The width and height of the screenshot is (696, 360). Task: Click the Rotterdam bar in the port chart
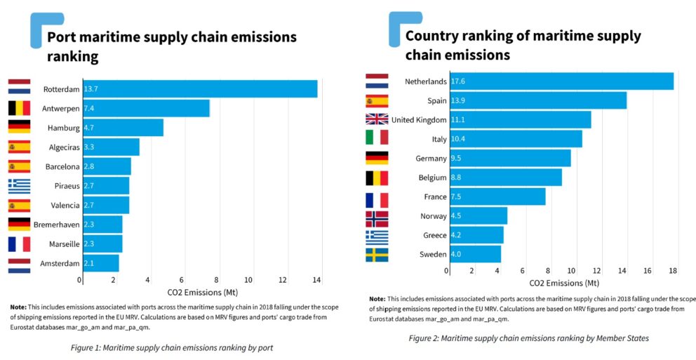pyautogui.click(x=200, y=89)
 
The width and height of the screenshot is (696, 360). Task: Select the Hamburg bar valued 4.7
pyautogui.click(x=123, y=128)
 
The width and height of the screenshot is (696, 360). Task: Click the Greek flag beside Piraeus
pyautogui.click(x=19, y=186)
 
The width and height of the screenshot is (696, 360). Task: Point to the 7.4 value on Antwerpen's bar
pyautogui.click(x=89, y=109)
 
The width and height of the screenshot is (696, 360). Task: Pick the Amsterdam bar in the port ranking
pyautogui.click(x=101, y=263)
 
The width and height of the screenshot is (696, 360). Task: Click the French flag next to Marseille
pyautogui.click(x=19, y=244)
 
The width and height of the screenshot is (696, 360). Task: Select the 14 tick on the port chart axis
pyautogui.click(x=316, y=280)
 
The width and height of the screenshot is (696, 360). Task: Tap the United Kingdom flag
pyautogui.click(x=377, y=120)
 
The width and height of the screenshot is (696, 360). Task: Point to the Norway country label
pyautogui.click(x=433, y=216)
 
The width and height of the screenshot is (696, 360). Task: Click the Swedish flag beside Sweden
pyautogui.click(x=377, y=255)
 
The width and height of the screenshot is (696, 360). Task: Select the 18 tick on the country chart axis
pyautogui.click(x=672, y=270)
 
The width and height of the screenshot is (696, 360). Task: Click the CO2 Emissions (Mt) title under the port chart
pyautogui.click(x=200, y=291)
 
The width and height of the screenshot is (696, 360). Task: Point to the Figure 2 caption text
pyautogui.click(x=529, y=338)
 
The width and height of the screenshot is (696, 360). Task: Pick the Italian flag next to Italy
pyautogui.click(x=377, y=139)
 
